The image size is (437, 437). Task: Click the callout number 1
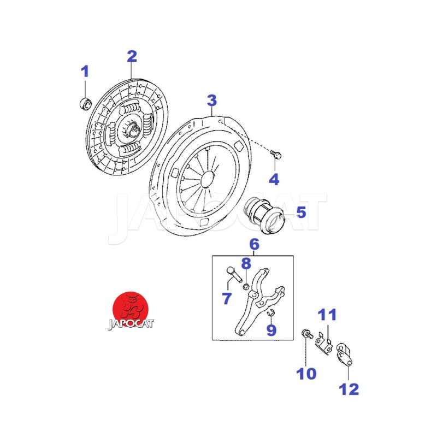pos(85,72)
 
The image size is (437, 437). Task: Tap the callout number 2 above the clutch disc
pos(132,56)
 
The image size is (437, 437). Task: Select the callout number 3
pos(212,101)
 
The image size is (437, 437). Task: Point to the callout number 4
pos(274,179)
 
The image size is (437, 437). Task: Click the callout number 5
pos(302,212)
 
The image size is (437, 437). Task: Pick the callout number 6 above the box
pos(254,244)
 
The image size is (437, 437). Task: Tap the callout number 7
pos(227,298)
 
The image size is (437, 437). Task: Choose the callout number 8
pos(246,263)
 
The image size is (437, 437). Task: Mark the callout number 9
pos(271,330)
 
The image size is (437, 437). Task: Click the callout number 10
pos(306,374)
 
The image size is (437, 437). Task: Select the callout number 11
pos(327,315)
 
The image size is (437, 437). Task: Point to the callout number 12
pos(349,389)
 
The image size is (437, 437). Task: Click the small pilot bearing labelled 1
pos(85,104)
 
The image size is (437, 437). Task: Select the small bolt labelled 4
pos(276,154)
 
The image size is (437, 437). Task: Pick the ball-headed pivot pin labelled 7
pos(235,275)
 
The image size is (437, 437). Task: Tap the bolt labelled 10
pos(307,333)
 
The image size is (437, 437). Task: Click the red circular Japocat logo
pos(131,310)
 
